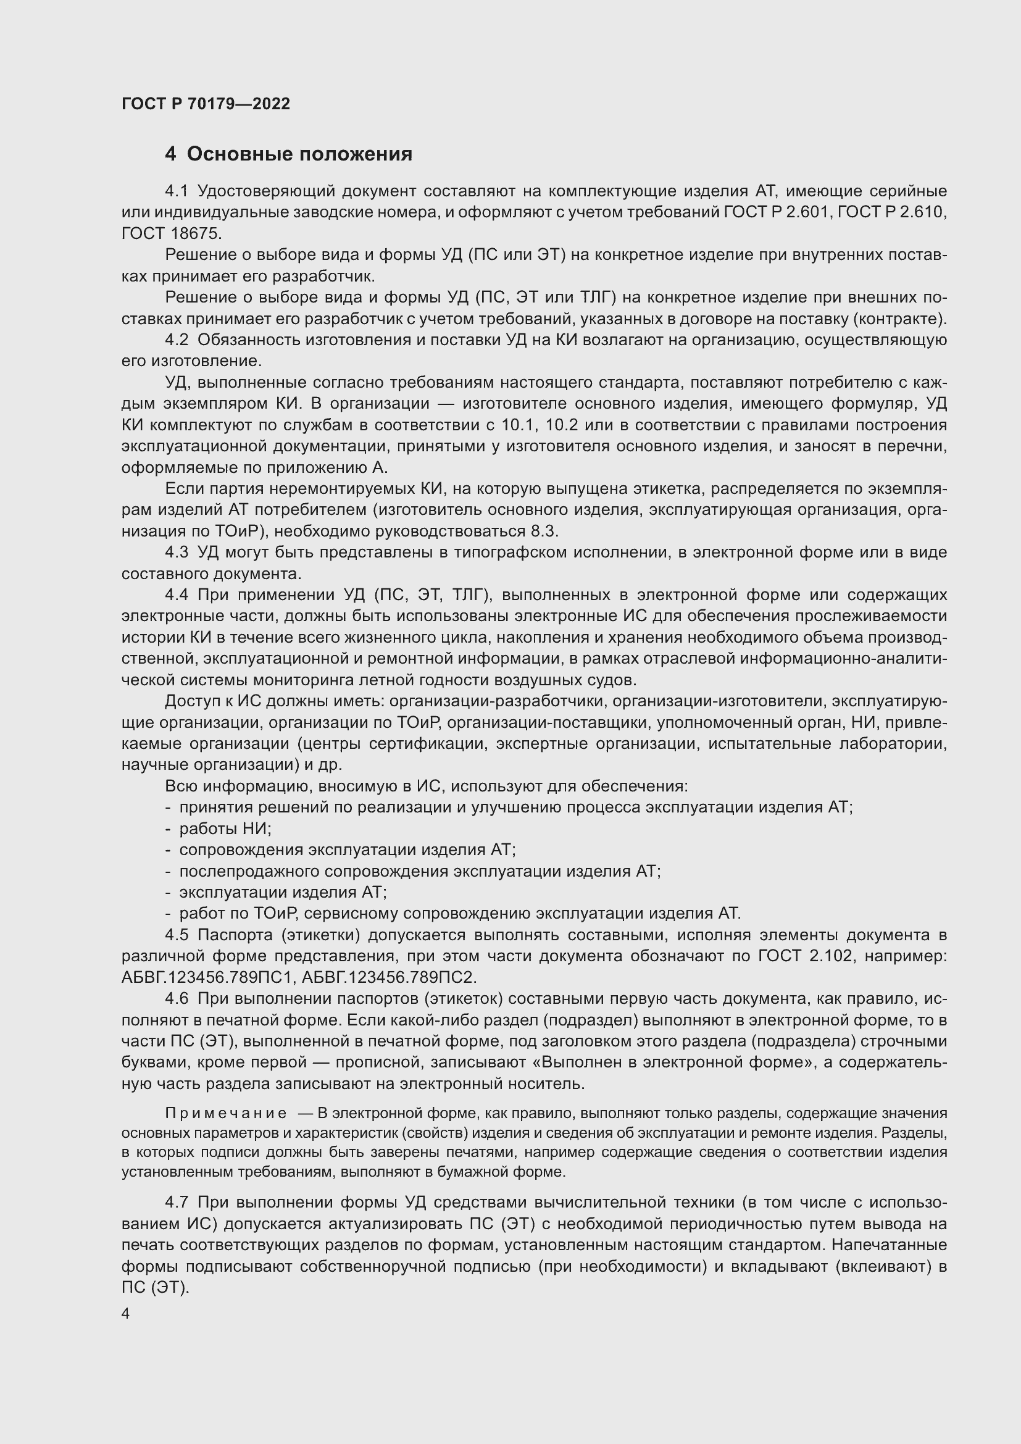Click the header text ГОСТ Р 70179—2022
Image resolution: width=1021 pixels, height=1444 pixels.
[x=206, y=104]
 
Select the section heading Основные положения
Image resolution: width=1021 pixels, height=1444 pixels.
[x=299, y=154]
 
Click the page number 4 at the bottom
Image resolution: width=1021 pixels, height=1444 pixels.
[x=126, y=1314]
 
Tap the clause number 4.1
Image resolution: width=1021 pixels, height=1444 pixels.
[x=177, y=191]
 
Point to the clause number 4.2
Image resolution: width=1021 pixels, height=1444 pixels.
[x=177, y=340]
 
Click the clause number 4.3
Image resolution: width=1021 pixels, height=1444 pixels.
[x=177, y=552]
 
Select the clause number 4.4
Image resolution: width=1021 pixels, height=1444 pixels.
[x=177, y=595]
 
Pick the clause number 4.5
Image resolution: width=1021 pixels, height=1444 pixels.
[x=177, y=935]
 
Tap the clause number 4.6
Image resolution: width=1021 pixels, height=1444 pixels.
[x=177, y=999]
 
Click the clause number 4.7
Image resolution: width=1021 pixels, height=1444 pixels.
[x=177, y=1203]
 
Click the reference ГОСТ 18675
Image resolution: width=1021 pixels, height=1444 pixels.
[x=171, y=234]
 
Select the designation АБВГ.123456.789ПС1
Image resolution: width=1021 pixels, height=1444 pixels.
[x=209, y=977]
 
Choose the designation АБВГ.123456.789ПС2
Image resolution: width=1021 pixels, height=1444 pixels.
[x=389, y=977]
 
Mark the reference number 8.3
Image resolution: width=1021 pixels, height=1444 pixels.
[x=544, y=532]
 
